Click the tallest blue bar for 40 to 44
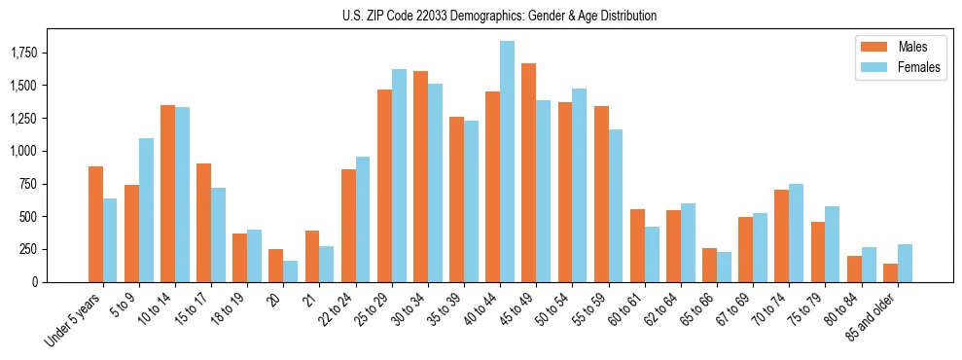507,162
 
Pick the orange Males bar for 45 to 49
528,173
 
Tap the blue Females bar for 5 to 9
146,210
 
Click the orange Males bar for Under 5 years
95,224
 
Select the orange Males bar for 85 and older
890,273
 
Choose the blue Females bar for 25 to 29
399,175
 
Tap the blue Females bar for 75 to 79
833,244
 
